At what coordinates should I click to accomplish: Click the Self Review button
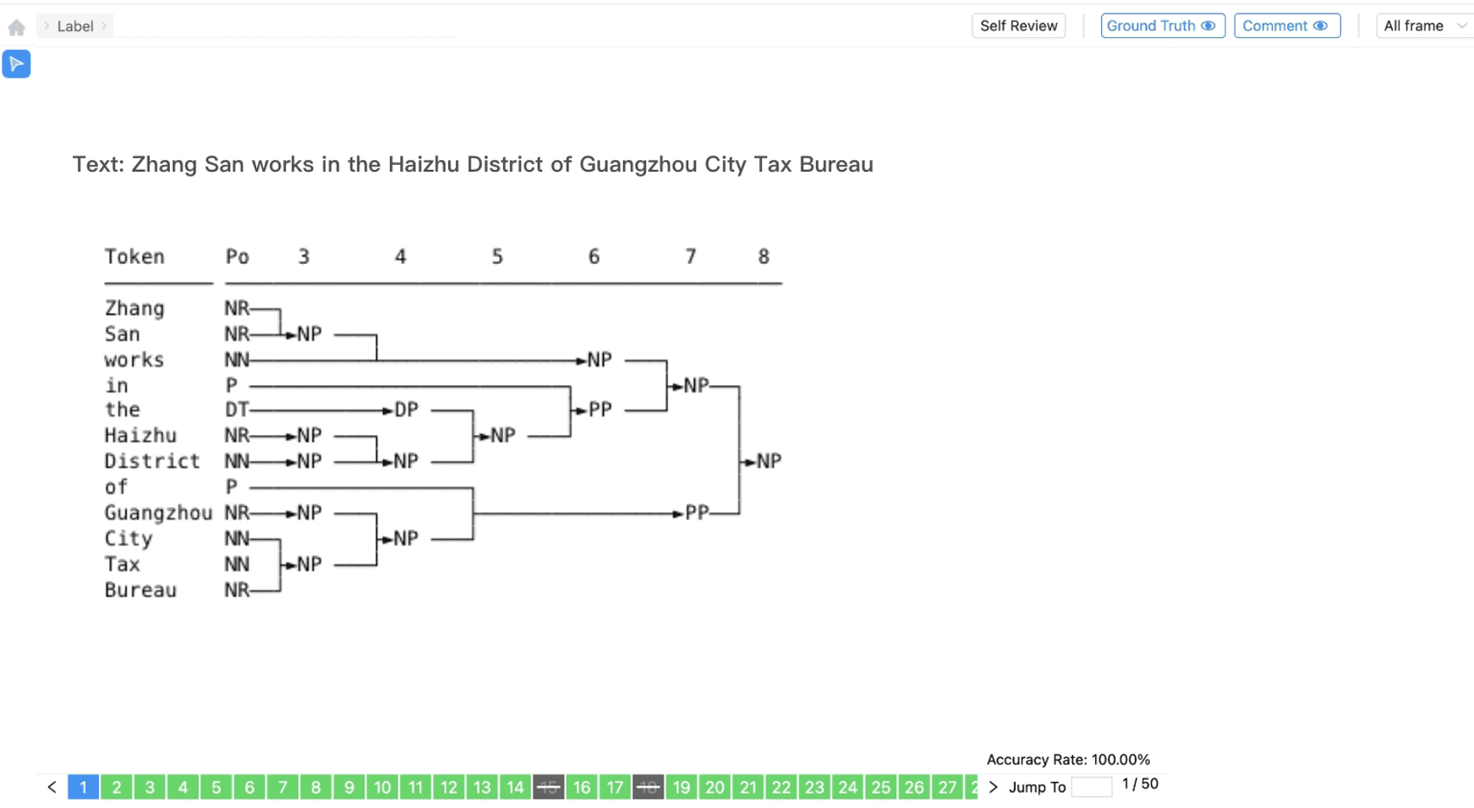click(x=1018, y=26)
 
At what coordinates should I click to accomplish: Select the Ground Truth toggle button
click(x=1162, y=26)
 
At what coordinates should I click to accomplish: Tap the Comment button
click(x=1286, y=26)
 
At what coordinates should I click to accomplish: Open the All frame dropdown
click(x=1424, y=26)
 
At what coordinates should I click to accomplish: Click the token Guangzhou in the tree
click(x=158, y=513)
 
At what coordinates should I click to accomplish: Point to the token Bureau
click(x=140, y=590)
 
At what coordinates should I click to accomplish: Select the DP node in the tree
click(x=407, y=409)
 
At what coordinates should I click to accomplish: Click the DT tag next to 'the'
click(x=236, y=409)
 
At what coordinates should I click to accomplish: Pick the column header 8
click(x=764, y=256)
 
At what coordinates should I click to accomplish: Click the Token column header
click(x=134, y=256)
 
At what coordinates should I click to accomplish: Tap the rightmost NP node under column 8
click(x=769, y=461)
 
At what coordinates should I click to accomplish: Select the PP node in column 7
click(x=697, y=513)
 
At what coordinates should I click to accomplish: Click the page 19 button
click(x=682, y=788)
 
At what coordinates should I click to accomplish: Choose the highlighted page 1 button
click(x=83, y=788)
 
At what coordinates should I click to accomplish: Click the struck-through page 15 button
click(x=548, y=788)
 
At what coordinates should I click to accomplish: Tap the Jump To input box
click(x=1091, y=788)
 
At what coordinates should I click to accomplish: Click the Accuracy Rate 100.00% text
click(x=1068, y=760)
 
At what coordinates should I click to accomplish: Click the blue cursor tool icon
click(x=16, y=64)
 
